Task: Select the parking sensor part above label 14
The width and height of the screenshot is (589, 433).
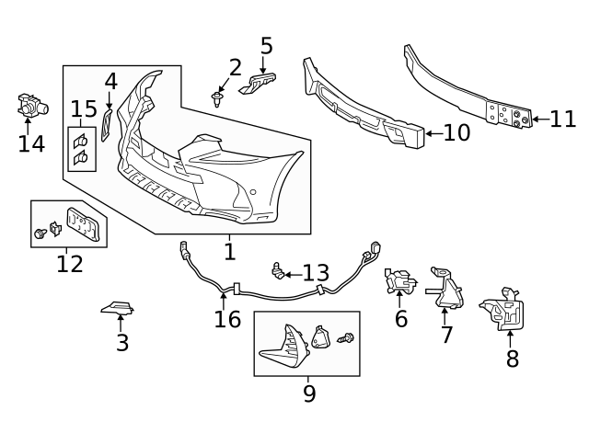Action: click(32, 106)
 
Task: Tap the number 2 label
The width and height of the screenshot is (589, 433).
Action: click(236, 67)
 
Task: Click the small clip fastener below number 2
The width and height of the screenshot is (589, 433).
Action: click(218, 97)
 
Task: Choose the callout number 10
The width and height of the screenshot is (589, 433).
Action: click(456, 133)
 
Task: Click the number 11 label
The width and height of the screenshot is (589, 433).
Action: click(561, 119)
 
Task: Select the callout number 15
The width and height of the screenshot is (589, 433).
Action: click(84, 110)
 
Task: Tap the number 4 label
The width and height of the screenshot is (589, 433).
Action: click(110, 81)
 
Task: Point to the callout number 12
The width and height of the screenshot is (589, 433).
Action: click(70, 265)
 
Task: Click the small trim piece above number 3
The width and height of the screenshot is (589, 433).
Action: click(117, 307)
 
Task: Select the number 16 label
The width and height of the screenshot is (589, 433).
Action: click(227, 320)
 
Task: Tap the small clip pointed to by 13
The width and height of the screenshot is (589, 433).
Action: click(275, 269)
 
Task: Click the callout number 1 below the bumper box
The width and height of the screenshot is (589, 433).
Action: click(229, 251)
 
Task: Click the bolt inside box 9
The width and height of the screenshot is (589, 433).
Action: click(346, 339)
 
